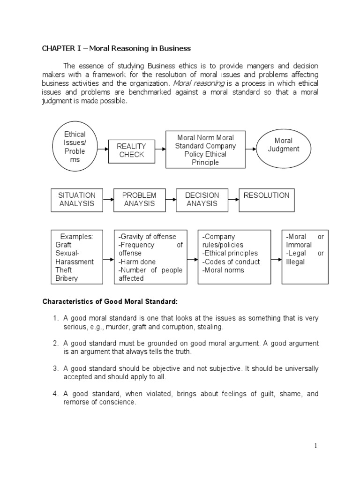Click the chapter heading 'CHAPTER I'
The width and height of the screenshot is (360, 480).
[x=61, y=48]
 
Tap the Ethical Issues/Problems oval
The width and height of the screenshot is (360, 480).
[x=75, y=147]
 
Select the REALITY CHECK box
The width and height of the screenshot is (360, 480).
[x=132, y=150]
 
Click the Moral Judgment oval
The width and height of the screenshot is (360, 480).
[x=283, y=145]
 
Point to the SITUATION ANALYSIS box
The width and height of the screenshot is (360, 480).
[x=76, y=199]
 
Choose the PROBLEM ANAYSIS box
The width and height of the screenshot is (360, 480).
[x=139, y=199]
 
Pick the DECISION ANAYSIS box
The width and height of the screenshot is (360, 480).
[x=202, y=199]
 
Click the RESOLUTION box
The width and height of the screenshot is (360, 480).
[x=266, y=199]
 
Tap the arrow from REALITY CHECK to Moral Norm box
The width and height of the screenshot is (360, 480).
[x=160, y=150]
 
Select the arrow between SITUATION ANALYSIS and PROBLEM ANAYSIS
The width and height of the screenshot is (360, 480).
[x=108, y=199]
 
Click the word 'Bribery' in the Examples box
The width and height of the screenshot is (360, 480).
[x=67, y=278]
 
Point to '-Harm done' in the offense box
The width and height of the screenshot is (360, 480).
[x=137, y=262]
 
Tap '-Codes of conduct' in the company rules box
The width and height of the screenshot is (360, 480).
[x=225, y=262]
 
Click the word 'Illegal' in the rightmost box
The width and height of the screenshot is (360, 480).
[x=295, y=262]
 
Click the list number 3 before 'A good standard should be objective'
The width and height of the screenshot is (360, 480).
[x=55, y=368]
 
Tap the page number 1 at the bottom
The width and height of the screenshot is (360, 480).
[x=316, y=446]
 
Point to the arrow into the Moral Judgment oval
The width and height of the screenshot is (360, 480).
[x=252, y=149]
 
